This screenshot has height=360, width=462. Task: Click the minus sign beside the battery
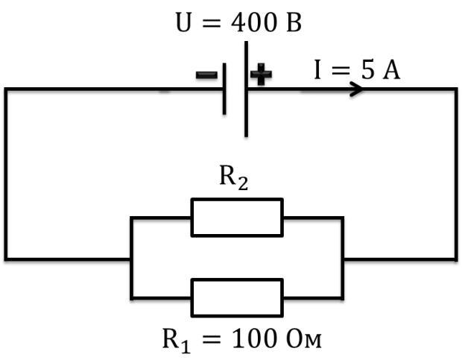point(206,75)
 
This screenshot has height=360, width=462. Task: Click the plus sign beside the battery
point(261,75)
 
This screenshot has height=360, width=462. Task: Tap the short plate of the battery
point(224,89)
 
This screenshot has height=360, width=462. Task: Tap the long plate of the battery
point(247,89)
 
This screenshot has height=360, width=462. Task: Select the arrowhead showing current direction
point(356,89)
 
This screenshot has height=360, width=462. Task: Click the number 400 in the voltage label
point(254,22)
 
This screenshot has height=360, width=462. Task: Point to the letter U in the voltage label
point(183,22)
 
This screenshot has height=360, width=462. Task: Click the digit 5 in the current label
point(368,69)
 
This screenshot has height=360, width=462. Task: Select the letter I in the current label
point(317,69)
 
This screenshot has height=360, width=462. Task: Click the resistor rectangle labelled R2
point(237,218)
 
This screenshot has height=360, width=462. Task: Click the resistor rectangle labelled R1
point(237,297)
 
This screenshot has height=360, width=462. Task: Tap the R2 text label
point(234,178)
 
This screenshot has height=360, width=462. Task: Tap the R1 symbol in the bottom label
point(176,341)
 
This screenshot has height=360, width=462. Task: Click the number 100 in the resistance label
point(255,339)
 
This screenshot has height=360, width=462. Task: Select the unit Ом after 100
point(303,339)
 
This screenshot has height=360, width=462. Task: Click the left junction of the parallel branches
point(131,259)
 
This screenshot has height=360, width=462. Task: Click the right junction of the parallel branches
point(342,259)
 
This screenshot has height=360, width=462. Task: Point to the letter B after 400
point(294,22)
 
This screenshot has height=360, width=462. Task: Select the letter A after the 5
point(391,69)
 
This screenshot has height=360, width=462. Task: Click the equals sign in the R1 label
point(212,339)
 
